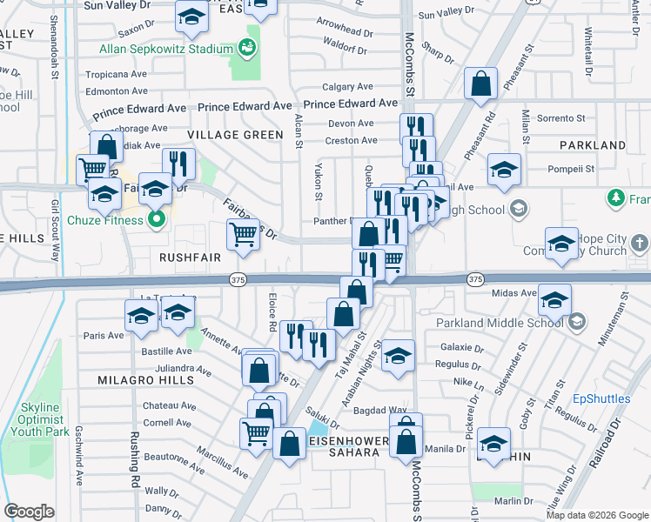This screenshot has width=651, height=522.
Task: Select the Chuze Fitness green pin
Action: coord(158,219)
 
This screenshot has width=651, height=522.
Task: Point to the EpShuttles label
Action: coord(601,399)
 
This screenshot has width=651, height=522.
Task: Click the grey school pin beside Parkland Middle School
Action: coord(577,323)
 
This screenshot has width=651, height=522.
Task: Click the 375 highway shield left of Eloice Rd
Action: coord(238,279)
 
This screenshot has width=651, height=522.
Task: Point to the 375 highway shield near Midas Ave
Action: coord(474,279)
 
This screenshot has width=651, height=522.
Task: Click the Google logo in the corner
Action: coord(30,511)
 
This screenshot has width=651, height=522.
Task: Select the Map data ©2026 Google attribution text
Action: coord(596,514)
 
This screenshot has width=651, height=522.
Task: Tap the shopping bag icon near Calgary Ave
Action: coord(480,85)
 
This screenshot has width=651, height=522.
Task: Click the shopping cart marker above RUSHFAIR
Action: coord(244,233)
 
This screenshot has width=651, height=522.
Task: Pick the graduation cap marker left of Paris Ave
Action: coord(141,317)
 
